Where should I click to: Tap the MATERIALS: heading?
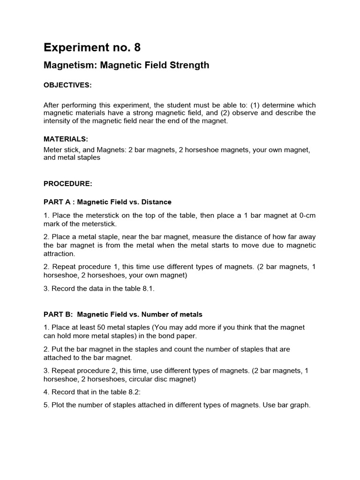(x=66, y=139)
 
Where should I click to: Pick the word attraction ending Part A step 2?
(x=59, y=254)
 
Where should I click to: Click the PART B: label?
(x=59, y=314)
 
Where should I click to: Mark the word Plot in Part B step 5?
(x=59, y=405)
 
